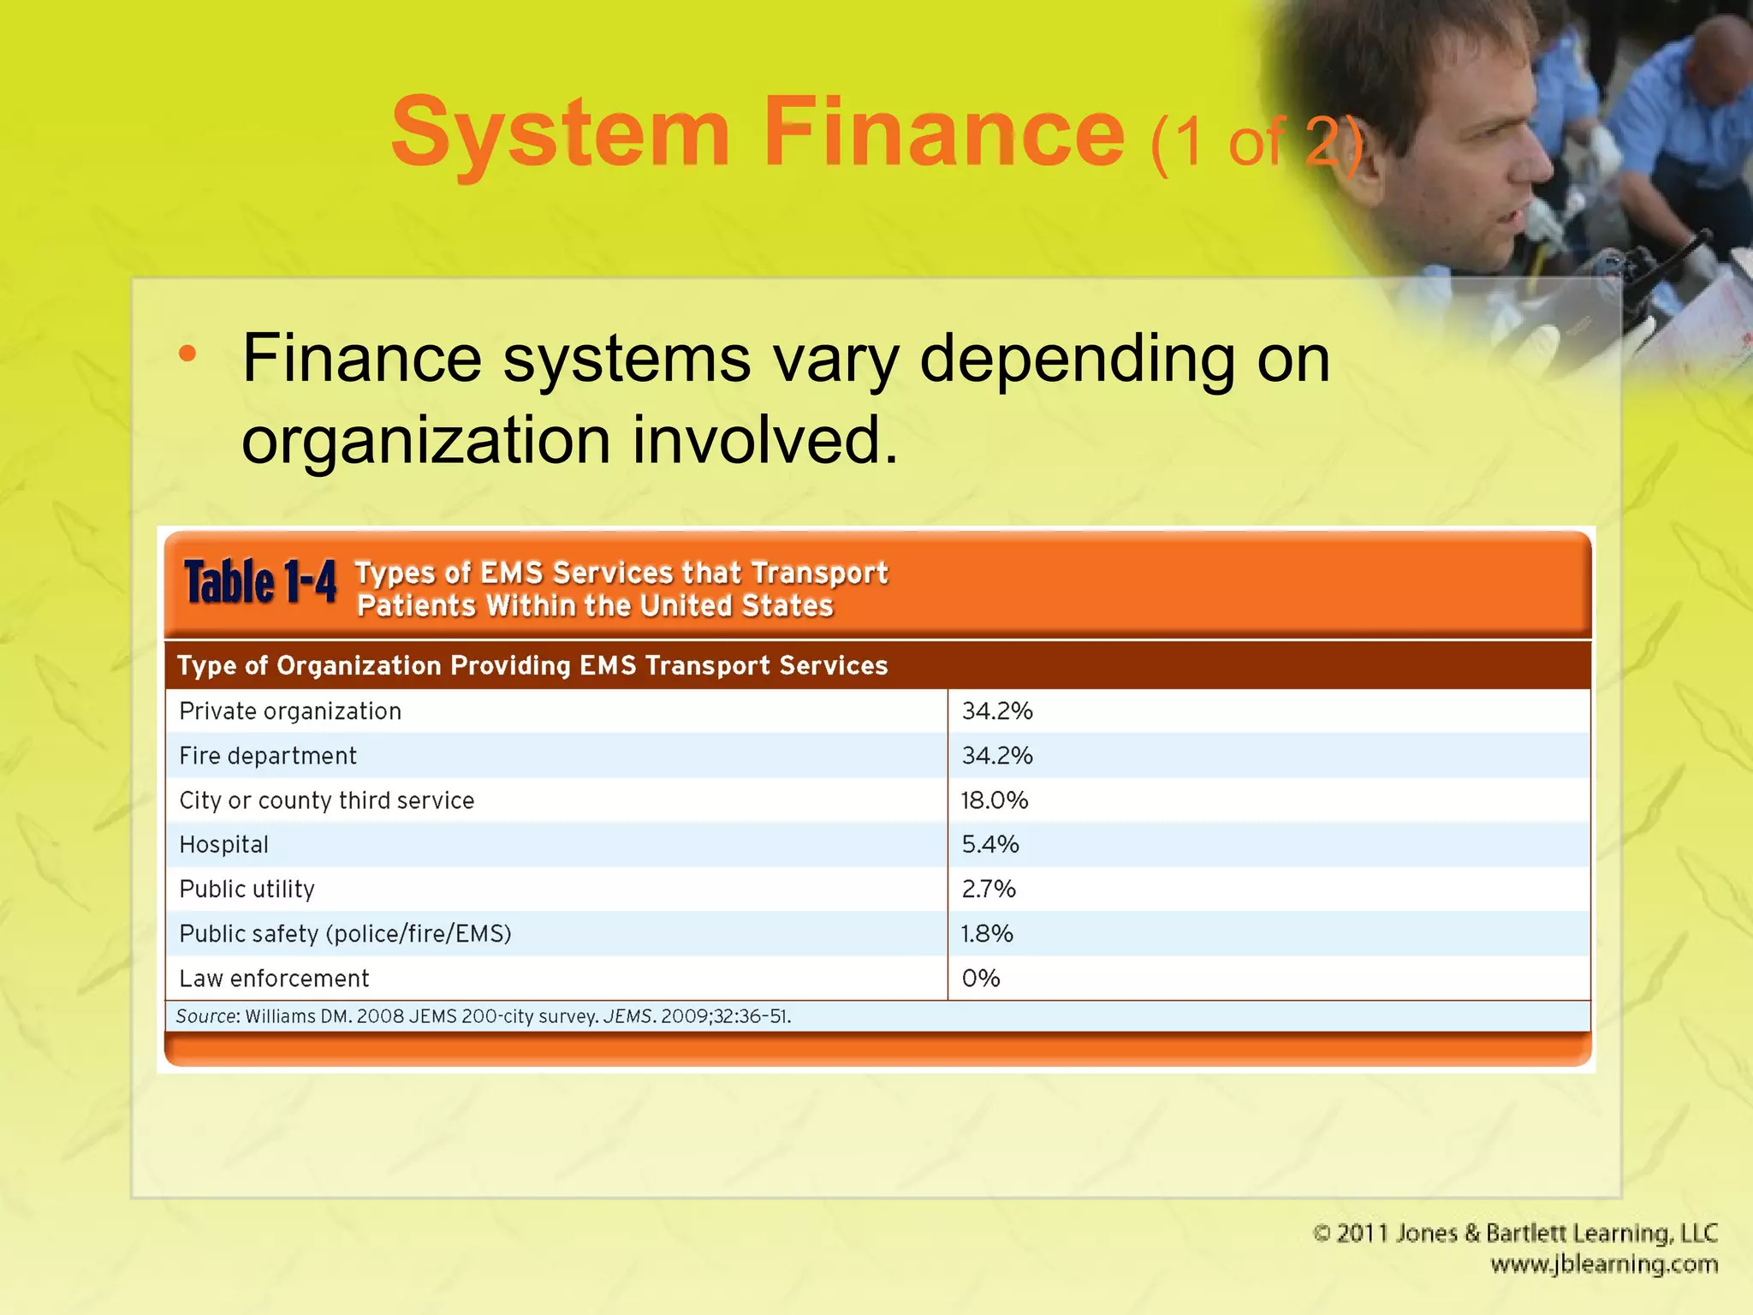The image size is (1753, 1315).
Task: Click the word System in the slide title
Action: [561, 133]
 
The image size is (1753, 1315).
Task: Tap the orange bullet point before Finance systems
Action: [187, 354]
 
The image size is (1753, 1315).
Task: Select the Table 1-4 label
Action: [260, 583]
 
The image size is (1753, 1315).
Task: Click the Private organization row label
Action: [290, 711]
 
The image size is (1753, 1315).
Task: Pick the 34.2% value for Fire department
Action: [997, 756]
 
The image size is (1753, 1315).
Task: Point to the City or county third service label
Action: [326, 800]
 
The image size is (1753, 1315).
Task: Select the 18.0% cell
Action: [995, 800]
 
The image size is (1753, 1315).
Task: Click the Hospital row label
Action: [223, 845]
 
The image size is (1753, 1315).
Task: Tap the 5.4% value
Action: [990, 845]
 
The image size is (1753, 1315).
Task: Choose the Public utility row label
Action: [247, 890]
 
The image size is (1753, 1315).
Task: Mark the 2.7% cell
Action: [989, 890]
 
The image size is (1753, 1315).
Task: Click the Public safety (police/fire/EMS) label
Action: [345, 934]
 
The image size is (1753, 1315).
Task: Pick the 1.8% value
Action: [987, 934]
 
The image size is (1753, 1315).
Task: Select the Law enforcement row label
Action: [274, 979]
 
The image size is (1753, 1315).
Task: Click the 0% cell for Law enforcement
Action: [981, 979]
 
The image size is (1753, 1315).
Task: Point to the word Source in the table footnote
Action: [205, 1016]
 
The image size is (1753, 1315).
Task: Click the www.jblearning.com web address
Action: [1604, 1264]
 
